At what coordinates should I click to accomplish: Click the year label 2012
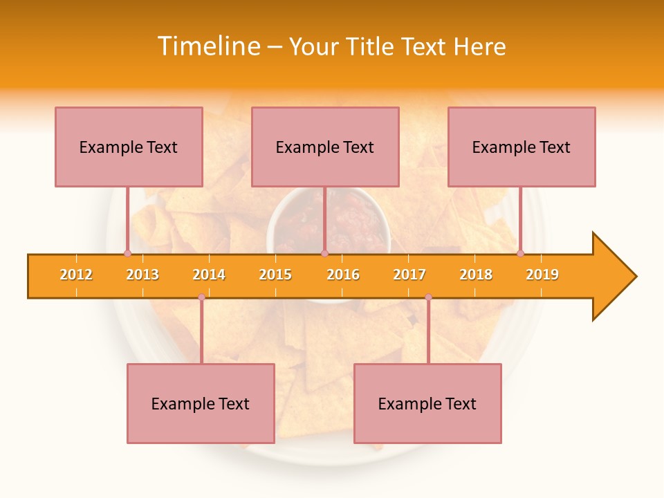[x=76, y=275]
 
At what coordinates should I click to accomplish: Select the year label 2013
[x=142, y=275]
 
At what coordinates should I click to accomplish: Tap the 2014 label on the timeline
[x=209, y=275]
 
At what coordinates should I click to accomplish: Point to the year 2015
[x=275, y=275]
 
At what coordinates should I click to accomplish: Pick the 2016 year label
[x=343, y=275]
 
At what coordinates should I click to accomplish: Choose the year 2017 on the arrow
[x=409, y=275]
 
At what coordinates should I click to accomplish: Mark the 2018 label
[x=476, y=275]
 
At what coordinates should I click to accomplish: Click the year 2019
[x=542, y=275]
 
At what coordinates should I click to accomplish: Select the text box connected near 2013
[x=129, y=147]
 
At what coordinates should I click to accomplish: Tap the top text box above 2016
[x=325, y=147]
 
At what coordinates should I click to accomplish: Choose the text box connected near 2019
[x=522, y=147]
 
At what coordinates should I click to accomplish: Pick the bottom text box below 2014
[x=201, y=403]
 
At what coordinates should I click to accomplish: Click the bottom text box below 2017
[x=427, y=403]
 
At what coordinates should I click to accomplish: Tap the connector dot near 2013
[x=127, y=253]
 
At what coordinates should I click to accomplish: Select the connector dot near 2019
[x=520, y=253]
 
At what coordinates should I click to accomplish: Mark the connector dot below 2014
[x=201, y=297]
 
